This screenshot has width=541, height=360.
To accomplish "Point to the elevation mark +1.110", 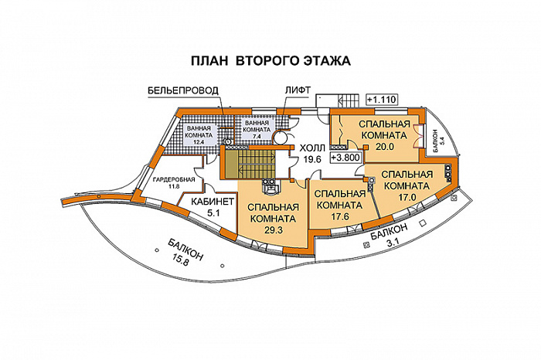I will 381,99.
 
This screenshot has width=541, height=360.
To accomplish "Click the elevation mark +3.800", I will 345,157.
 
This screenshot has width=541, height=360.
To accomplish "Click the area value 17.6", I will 338,216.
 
